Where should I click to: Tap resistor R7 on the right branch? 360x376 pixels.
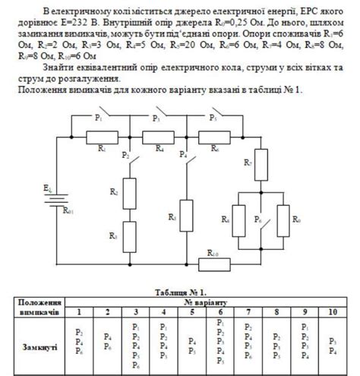tap(255, 169)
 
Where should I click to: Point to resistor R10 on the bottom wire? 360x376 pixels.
tap(215, 264)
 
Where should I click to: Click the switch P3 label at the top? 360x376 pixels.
tap(156, 118)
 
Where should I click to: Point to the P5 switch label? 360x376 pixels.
tap(213, 118)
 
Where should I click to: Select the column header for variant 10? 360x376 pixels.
tap(332, 311)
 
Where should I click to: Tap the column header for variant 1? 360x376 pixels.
tap(79, 311)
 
